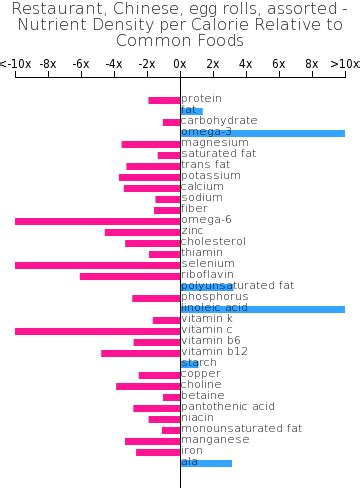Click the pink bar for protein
[x=164, y=100]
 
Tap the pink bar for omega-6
[x=97, y=220]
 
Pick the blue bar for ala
[x=206, y=463]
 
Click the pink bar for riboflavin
[x=130, y=276]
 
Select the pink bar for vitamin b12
[x=141, y=353]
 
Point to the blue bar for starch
[x=189, y=364]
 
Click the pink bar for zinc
[x=142, y=232]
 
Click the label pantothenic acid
[x=228, y=407]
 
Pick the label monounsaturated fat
[x=241, y=429]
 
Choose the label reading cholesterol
[x=213, y=242]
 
